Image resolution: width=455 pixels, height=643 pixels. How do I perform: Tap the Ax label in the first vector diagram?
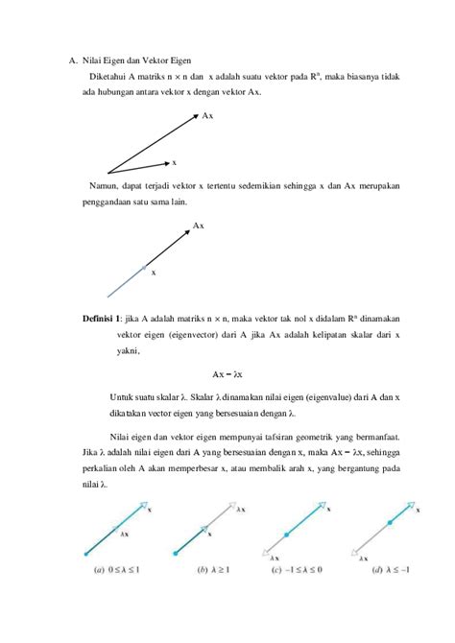pyautogui.click(x=207, y=115)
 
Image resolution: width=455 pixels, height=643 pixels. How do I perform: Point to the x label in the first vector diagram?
pyautogui.click(x=174, y=162)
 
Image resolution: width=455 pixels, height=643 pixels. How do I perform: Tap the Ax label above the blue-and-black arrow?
pyautogui.click(x=198, y=226)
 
